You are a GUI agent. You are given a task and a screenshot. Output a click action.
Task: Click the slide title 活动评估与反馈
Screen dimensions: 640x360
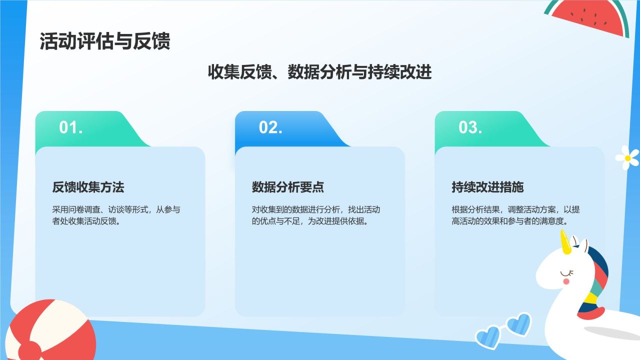pos(105,41)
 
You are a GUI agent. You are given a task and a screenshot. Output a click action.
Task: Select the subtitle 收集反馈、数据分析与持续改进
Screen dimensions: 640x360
pos(319,71)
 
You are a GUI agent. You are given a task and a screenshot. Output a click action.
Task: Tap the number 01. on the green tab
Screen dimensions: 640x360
pos(71,127)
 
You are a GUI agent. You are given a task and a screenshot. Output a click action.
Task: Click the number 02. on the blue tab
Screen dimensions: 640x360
pos(270,127)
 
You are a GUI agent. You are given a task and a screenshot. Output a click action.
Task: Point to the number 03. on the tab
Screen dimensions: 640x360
pos(470,127)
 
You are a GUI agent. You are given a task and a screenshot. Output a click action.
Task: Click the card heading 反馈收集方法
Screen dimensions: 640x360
pos(88,187)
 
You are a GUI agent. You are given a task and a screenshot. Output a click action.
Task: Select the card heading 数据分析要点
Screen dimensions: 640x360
pos(287,187)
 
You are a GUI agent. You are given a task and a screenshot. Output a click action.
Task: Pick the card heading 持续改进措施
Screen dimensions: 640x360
pos(487,187)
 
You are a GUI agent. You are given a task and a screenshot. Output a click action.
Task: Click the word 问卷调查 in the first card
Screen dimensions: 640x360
pos(84,209)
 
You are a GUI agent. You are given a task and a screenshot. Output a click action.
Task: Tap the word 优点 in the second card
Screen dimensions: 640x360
pos(267,221)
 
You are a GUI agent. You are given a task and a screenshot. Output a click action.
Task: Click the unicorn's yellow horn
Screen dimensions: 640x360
pos(565,242)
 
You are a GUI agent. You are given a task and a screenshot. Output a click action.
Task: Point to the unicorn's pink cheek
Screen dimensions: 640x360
pos(566,281)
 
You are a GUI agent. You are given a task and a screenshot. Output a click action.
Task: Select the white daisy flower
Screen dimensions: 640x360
pos(627,157)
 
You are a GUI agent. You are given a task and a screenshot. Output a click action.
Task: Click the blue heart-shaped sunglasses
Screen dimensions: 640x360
pos(503,331)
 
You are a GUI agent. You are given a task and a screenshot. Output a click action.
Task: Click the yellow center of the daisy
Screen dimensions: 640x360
pos(627,158)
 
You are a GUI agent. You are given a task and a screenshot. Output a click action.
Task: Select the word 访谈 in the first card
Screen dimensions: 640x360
pos(116,209)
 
